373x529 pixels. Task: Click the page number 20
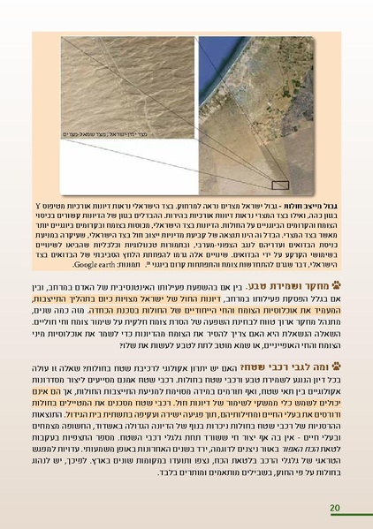pyautogui.click(x=334, y=507)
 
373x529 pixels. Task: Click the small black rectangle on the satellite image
pyautogui.click(x=279, y=185)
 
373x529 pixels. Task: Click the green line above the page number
pyautogui.click(x=186, y=498)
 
